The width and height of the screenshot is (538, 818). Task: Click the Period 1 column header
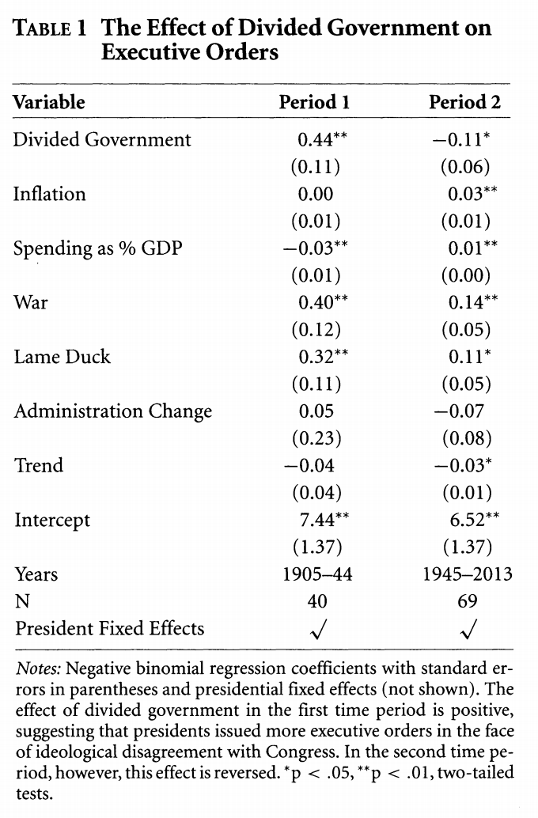point(314,102)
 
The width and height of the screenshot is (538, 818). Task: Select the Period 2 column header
point(464,102)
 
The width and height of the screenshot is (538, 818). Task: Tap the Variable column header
point(48,102)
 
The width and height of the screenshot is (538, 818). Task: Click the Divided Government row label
point(102,140)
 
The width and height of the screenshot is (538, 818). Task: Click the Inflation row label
point(49,194)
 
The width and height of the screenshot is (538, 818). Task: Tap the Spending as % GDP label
point(97,248)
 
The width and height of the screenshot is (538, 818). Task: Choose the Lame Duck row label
point(62,357)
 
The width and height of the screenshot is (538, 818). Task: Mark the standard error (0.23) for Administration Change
point(316,438)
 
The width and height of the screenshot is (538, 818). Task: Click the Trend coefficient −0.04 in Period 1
point(309,465)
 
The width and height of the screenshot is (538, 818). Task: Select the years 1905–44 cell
point(317,574)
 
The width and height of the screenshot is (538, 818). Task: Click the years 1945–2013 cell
point(468,574)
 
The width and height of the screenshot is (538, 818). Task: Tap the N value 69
point(468,601)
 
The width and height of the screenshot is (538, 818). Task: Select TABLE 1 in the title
point(50,28)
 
